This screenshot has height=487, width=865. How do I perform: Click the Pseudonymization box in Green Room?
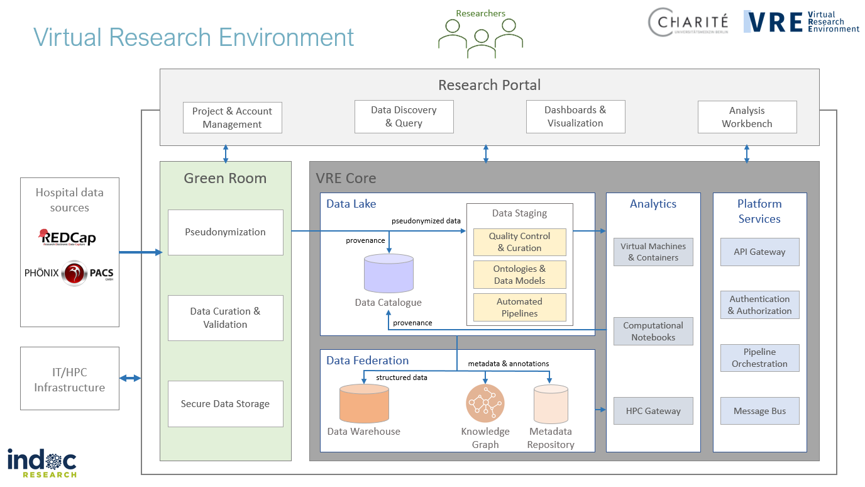coord(225,232)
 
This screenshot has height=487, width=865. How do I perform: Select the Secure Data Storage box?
coord(225,404)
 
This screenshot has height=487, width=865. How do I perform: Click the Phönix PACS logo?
coord(69,273)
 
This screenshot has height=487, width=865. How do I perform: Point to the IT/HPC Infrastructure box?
coord(69,379)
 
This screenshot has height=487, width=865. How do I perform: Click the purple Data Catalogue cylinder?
coord(388,273)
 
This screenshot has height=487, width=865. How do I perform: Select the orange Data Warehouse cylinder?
coord(364,404)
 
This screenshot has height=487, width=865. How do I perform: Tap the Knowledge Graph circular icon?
coord(485,403)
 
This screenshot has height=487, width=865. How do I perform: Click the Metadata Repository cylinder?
coord(551,405)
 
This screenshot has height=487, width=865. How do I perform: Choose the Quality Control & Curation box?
coord(519,242)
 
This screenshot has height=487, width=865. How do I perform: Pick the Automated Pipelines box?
coord(519,308)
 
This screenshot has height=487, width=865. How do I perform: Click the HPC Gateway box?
coord(653,411)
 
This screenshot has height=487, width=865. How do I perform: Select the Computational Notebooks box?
coord(653,332)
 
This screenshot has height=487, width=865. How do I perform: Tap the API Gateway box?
coord(759,252)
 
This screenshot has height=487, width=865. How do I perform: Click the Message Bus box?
coord(759,411)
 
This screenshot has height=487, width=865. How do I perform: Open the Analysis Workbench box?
coord(747,117)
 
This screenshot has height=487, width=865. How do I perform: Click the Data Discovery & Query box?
coord(404,116)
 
